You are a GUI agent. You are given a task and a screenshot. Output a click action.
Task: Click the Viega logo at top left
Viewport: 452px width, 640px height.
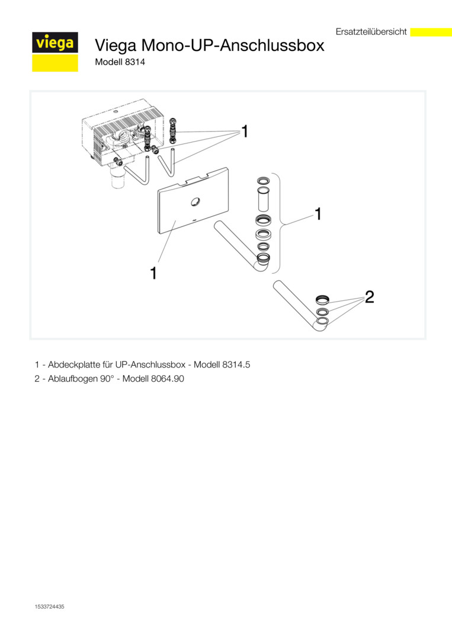pos(55,52)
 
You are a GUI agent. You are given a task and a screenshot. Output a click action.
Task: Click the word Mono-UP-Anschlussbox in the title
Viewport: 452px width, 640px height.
pos(233,45)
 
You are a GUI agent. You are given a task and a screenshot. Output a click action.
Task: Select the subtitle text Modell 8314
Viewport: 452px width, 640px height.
pos(120,62)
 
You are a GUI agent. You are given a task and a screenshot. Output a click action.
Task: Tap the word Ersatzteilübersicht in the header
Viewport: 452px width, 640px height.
pos(371,32)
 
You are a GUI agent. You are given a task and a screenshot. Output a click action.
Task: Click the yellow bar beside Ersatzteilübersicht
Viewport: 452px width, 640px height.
pos(431,32)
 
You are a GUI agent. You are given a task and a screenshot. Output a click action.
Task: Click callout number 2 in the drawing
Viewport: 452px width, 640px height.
pos(369,297)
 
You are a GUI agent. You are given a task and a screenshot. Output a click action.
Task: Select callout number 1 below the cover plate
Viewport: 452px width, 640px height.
pos(153,273)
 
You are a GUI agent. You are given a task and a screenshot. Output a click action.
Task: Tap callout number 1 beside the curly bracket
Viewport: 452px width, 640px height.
pos(318,213)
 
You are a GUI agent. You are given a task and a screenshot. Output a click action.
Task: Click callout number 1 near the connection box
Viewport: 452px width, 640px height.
pos(244,132)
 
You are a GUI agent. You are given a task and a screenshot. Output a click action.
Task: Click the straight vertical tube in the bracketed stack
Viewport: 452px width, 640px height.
pos(262,200)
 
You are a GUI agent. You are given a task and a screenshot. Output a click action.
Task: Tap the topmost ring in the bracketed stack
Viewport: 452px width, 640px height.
pos(262,180)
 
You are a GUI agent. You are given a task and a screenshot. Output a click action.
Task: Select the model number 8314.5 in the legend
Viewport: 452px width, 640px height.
pos(236,364)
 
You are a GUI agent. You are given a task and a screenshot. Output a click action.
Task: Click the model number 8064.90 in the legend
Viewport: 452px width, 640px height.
pos(167,379)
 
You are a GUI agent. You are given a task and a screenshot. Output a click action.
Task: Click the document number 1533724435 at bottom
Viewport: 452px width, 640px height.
pos(49,607)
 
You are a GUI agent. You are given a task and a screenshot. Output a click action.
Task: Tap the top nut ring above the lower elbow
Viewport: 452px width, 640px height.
pos(322,300)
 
